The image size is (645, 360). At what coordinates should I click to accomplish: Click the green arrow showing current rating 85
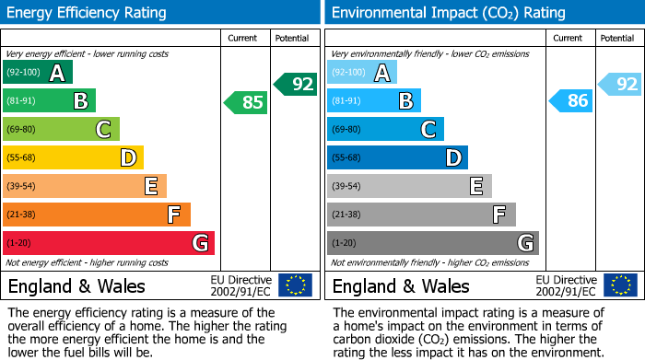(246, 101)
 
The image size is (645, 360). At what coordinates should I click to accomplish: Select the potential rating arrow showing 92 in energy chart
(295, 84)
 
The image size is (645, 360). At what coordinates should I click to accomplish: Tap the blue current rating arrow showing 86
(570, 101)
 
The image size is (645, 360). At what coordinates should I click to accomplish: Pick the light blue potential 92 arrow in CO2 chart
(619, 84)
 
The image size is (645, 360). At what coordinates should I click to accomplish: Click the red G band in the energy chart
(109, 243)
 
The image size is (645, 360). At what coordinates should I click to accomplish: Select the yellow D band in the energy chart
(73, 157)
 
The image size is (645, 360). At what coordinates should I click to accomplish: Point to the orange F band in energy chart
(97, 215)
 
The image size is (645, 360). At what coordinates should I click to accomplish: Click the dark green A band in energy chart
(38, 72)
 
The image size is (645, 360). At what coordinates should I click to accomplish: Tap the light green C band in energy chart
(61, 129)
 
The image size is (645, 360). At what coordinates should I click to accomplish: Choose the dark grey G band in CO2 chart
(432, 243)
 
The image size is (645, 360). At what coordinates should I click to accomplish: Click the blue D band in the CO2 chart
(397, 157)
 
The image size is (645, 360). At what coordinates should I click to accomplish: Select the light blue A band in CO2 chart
(362, 72)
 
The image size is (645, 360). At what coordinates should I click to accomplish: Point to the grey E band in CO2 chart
(409, 186)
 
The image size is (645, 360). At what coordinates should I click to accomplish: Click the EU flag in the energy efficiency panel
(295, 285)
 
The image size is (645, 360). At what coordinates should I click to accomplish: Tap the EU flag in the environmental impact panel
(620, 285)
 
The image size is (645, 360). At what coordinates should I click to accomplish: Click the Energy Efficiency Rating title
(88, 13)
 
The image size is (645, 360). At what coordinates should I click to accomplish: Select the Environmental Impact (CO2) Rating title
(447, 13)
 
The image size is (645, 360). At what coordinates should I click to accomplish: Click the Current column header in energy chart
(244, 38)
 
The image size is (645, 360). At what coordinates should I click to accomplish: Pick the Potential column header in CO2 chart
(617, 38)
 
